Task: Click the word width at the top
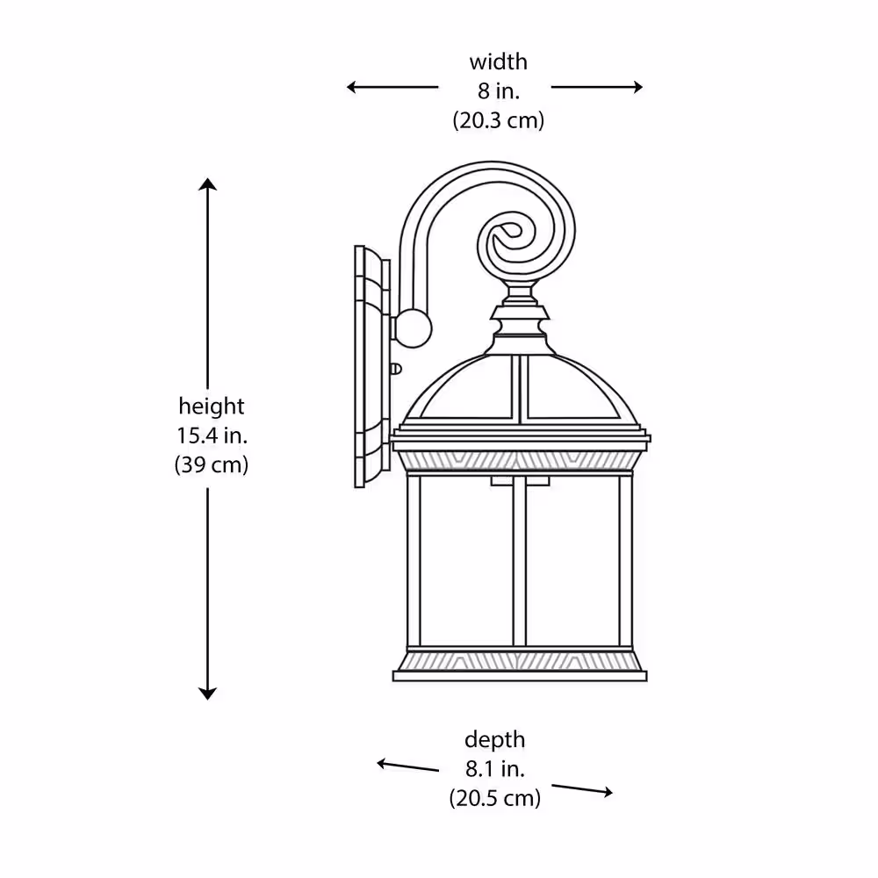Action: (x=499, y=61)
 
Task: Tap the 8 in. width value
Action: (x=499, y=90)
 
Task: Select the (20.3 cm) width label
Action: (x=499, y=120)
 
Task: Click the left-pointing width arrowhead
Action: (x=352, y=87)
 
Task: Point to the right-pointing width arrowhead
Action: (x=637, y=87)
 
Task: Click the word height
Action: (x=211, y=406)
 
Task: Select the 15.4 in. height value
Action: (x=212, y=435)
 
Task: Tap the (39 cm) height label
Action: (x=211, y=464)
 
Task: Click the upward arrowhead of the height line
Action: (x=208, y=184)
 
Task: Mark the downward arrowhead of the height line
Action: (x=208, y=694)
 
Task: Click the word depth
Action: (x=495, y=739)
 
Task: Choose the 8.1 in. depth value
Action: (x=495, y=769)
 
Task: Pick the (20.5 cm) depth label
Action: (x=495, y=798)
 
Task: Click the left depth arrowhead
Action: (x=383, y=763)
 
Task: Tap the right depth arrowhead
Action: (x=607, y=792)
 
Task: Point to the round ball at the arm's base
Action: (x=413, y=328)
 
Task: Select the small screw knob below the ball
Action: (x=395, y=369)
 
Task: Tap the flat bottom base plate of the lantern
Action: (x=520, y=676)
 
